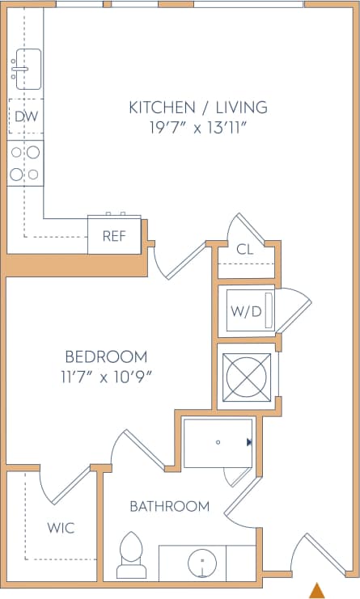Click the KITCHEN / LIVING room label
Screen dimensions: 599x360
[x=198, y=107]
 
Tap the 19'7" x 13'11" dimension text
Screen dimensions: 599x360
[x=198, y=128]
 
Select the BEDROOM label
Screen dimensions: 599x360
[x=106, y=356]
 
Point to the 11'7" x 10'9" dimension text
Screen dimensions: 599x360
[x=106, y=376]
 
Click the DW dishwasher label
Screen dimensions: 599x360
[x=26, y=117]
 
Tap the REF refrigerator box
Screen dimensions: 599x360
[x=113, y=236]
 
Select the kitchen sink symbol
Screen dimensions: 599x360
[x=26, y=69]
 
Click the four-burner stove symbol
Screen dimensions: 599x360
[x=25, y=162]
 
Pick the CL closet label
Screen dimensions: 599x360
[x=245, y=250]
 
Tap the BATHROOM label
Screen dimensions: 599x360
[x=170, y=507]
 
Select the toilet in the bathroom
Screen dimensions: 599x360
[x=129, y=556]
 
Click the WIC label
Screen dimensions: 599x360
[x=61, y=528]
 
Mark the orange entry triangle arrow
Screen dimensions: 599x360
[x=318, y=590]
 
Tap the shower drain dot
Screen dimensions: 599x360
[x=217, y=442]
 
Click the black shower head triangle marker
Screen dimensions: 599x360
[x=249, y=442]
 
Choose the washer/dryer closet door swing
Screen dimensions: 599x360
[x=294, y=312]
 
